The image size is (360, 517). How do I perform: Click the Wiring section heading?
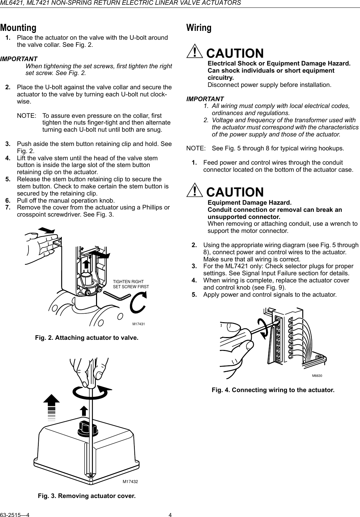click(199, 27)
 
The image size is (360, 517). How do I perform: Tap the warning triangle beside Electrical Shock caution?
click(194, 53)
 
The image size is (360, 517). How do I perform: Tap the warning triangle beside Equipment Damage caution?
click(194, 191)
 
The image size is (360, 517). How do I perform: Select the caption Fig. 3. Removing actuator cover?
click(87, 496)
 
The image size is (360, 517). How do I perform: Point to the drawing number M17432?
click(132, 482)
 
